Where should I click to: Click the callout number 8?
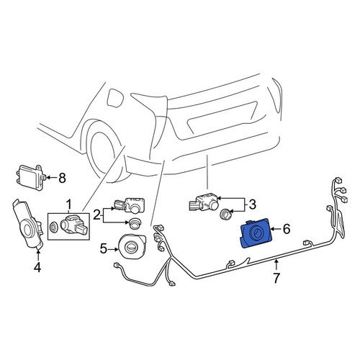[62, 178]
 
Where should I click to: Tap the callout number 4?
[37, 267]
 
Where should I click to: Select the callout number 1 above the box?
[69, 204]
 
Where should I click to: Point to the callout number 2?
[96, 215]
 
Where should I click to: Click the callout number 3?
[252, 204]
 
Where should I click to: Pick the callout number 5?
[104, 249]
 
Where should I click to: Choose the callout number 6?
[287, 229]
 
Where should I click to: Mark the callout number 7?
[276, 278]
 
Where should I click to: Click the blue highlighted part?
[255, 233]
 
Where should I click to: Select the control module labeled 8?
[30, 174]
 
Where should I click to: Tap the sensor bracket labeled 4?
[28, 224]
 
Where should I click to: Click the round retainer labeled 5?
[131, 247]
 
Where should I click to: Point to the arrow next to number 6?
[276, 229]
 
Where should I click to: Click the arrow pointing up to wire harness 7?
[276, 266]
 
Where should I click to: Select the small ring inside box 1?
[53, 226]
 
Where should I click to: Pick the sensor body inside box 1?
[73, 225]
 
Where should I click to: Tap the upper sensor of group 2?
[129, 205]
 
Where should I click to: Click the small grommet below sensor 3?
[226, 213]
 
